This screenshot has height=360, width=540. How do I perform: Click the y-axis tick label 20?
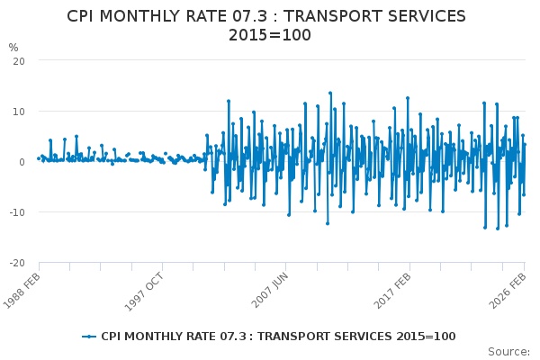[x=18, y=60]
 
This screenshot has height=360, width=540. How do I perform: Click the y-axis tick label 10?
[x=18, y=111]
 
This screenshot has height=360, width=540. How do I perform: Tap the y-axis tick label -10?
[x=16, y=212]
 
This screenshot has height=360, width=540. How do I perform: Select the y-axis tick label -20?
[x=16, y=263]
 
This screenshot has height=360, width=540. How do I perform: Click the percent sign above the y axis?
[x=13, y=48]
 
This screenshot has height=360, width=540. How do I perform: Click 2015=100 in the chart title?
[x=269, y=36]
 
